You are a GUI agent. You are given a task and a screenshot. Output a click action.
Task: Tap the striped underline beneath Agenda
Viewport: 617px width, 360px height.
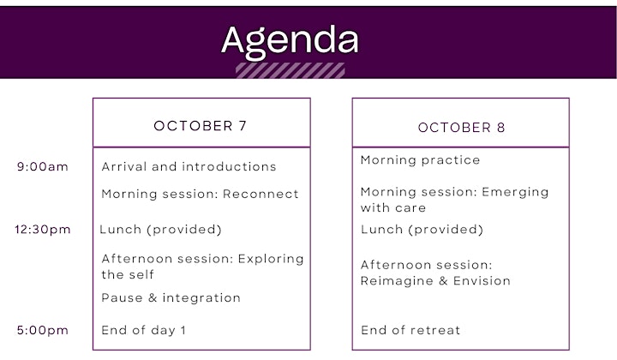click(x=291, y=71)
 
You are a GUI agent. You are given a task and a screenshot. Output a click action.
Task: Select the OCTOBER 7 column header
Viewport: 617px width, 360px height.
click(x=201, y=126)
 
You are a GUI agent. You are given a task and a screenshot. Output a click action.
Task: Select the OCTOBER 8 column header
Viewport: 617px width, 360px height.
click(x=461, y=128)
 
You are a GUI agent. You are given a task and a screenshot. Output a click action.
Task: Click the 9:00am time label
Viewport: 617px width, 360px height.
click(x=43, y=166)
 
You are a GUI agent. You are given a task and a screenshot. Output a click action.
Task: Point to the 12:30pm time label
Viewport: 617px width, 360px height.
click(x=43, y=230)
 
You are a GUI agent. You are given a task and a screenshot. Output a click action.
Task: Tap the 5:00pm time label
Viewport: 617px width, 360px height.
click(x=43, y=330)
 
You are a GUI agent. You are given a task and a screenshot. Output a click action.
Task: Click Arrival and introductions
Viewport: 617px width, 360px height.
click(x=189, y=166)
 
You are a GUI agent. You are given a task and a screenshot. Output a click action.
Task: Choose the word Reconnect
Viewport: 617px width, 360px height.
click(x=261, y=194)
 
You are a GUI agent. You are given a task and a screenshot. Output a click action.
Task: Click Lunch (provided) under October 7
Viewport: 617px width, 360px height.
click(x=160, y=230)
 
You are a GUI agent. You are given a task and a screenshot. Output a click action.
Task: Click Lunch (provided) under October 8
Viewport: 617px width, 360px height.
click(x=422, y=230)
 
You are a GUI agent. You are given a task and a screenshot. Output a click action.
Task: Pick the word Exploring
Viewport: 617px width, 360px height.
click(x=271, y=259)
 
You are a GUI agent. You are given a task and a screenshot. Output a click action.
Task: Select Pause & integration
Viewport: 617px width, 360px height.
click(x=171, y=297)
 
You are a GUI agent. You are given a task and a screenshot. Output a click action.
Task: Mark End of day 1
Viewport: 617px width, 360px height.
click(x=143, y=330)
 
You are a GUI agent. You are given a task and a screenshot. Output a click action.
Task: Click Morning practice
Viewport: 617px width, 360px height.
click(x=420, y=160)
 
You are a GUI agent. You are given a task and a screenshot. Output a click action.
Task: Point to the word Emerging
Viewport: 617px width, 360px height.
click(x=515, y=192)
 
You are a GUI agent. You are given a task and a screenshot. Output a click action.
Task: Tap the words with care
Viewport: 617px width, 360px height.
click(x=393, y=207)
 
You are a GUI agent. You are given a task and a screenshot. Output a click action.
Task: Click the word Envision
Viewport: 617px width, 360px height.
click(x=482, y=280)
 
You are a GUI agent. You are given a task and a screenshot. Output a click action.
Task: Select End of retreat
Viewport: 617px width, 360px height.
click(x=410, y=330)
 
